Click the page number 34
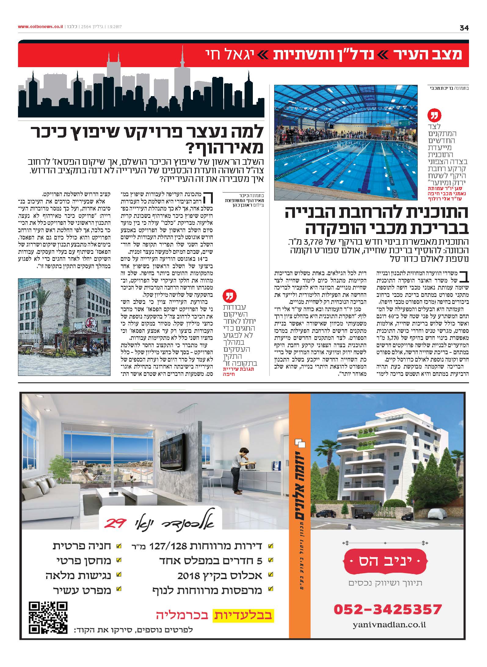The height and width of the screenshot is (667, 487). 464,28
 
